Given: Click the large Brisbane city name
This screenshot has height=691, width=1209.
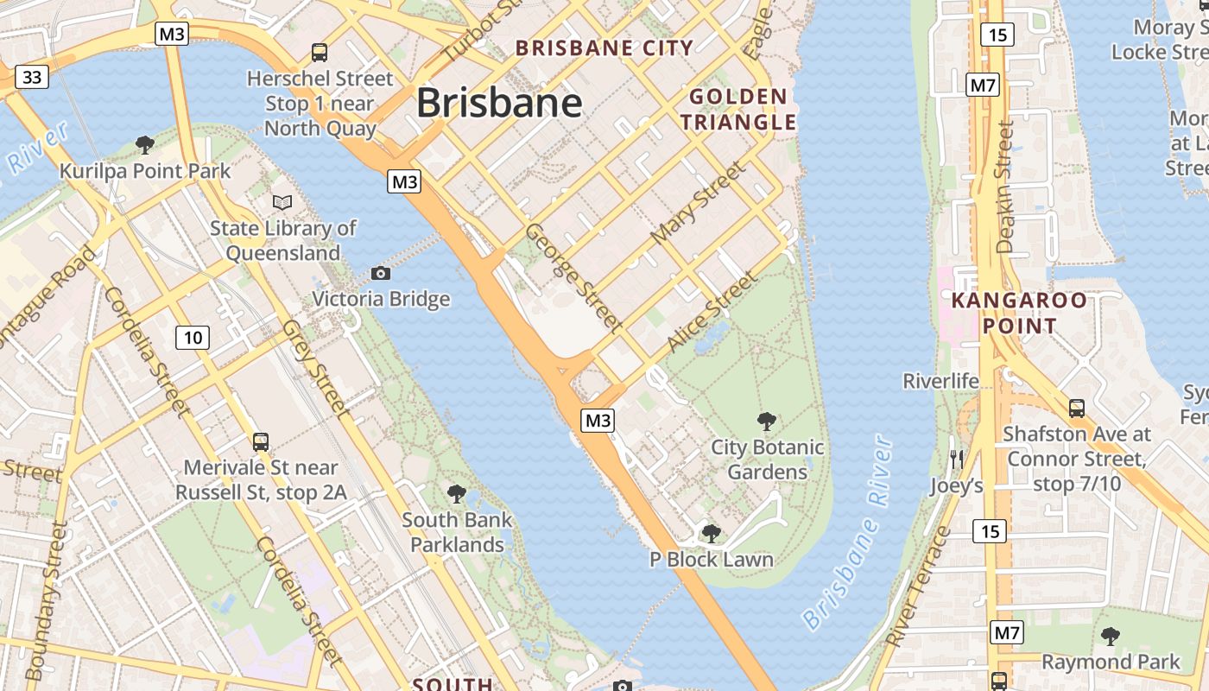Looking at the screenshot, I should [x=499, y=104].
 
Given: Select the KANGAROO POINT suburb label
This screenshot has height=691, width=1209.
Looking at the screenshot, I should [x=1019, y=313].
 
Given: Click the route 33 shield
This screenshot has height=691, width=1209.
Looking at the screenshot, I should [x=32, y=78].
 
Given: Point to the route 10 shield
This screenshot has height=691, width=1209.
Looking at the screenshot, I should [x=193, y=337].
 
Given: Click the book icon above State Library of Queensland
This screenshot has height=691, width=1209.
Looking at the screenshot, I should [x=282, y=202].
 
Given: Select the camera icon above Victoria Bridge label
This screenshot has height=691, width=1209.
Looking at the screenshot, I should [x=380, y=273].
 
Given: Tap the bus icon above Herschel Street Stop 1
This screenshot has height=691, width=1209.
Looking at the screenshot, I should [x=320, y=52].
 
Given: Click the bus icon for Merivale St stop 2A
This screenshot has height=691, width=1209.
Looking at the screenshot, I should [x=261, y=442].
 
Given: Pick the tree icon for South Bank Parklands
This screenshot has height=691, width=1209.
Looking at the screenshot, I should [x=457, y=494].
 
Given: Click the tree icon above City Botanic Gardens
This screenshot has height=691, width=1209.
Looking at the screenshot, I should [x=766, y=422].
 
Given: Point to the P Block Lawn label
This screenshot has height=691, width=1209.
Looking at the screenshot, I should [x=712, y=560].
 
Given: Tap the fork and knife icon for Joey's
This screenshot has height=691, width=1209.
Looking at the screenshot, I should [x=956, y=459].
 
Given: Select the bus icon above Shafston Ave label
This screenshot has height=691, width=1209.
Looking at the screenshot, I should [x=1077, y=408].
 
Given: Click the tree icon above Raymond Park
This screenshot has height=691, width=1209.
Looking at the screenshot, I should [x=1111, y=637].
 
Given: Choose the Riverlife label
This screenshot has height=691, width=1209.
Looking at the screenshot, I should [x=940, y=381].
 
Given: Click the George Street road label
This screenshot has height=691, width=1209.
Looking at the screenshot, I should [x=573, y=277].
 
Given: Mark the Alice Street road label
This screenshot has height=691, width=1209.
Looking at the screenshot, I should [x=712, y=313].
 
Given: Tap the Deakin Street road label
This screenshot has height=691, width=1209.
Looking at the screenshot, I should [x=1004, y=187].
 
